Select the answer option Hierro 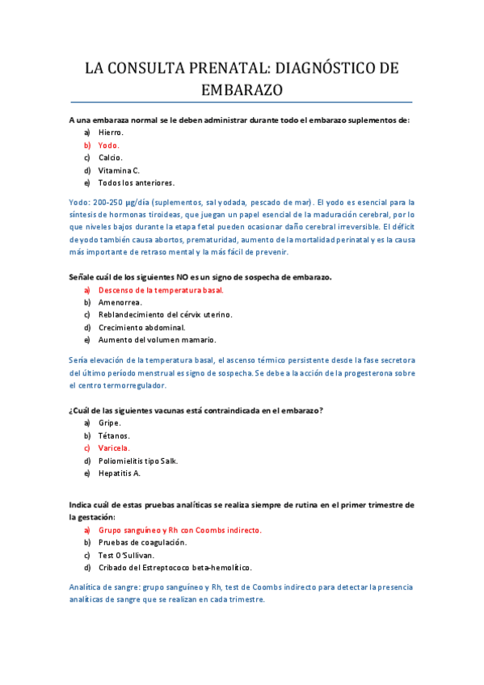[x=111, y=132]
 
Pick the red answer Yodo [x=109, y=145]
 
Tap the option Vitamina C [x=119, y=170]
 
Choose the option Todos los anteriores [x=136, y=183]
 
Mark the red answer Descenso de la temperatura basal [x=160, y=289]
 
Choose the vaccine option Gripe [x=109, y=422]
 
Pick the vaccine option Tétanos [x=114, y=435]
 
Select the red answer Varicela [x=114, y=448]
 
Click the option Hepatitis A [x=119, y=473]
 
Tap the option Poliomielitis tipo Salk [x=137, y=460]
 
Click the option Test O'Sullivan [x=126, y=555]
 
